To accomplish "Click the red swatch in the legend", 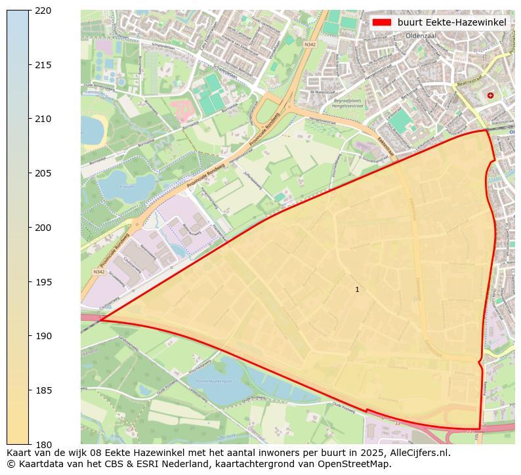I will tap(381, 22).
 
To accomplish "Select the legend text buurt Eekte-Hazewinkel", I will tap(451, 22).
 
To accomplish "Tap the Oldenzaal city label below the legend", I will tap(421, 36).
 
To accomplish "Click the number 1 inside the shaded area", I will tap(357, 289).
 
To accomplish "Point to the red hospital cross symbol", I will tap(490, 95).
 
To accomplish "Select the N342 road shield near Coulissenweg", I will tap(99, 272).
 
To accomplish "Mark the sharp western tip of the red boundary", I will tap(101, 320).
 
